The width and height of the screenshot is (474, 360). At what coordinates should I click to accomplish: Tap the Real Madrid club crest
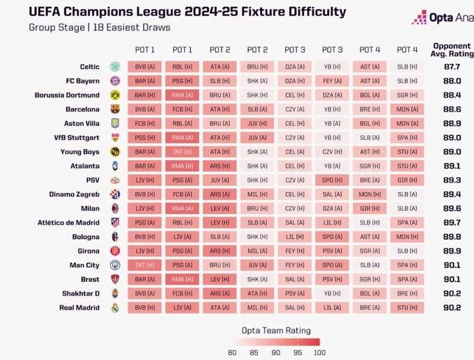[x=115, y=308]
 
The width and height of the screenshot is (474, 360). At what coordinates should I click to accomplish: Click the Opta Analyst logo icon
[x=419, y=17]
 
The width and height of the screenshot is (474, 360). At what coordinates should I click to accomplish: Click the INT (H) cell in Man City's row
[x=144, y=265]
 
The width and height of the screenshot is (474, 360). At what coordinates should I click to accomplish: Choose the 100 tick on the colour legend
[x=320, y=352]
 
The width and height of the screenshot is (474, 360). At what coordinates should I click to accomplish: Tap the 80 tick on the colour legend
[x=232, y=352]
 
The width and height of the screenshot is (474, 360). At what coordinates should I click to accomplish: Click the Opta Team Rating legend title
[x=275, y=330]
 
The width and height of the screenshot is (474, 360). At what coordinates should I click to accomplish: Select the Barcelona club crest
[x=115, y=109]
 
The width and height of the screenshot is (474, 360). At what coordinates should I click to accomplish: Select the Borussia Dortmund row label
[x=67, y=95]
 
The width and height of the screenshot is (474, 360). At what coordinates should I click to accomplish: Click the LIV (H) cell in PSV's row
[x=144, y=180]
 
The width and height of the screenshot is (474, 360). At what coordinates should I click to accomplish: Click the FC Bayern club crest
[x=115, y=81]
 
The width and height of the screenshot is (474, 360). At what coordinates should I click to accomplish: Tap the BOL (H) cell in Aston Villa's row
[x=369, y=123]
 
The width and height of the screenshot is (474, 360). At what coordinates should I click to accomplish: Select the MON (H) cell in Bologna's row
[x=407, y=237]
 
